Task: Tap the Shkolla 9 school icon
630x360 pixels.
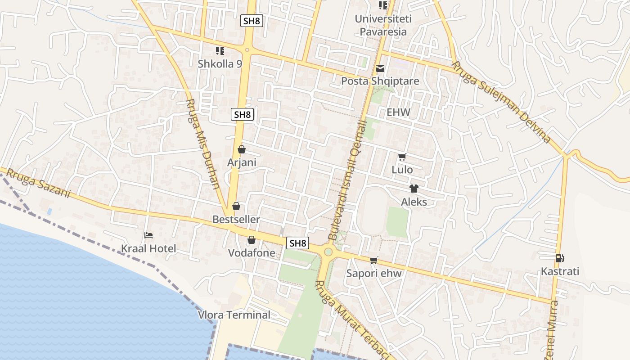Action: point(220,51)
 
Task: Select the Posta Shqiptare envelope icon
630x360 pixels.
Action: point(380,69)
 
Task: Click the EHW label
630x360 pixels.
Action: point(398,112)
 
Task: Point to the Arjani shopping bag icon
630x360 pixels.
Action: point(242,149)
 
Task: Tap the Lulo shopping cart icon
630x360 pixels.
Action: point(402,157)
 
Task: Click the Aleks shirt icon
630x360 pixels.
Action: point(414,189)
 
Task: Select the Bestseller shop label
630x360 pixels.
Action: point(236,220)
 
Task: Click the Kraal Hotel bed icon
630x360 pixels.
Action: point(148,235)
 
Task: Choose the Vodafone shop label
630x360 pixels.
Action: point(252,253)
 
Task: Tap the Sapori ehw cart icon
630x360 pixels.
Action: point(373,260)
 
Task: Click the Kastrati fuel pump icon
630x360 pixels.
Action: point(560,258)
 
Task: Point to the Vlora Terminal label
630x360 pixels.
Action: point(234,315)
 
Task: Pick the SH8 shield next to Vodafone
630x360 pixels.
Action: point(298,243)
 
